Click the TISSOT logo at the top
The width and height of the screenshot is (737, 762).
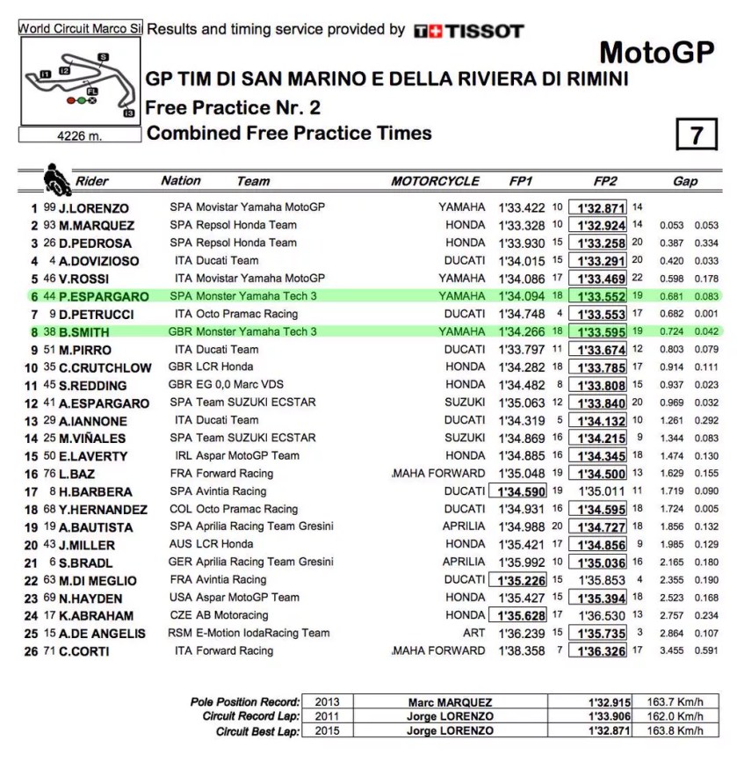[x=469, y=31]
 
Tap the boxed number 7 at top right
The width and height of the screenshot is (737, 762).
[x=697, y=135]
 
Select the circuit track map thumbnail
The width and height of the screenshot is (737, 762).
[x=80, y=83]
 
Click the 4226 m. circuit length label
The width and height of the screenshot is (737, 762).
[x=80, y=136]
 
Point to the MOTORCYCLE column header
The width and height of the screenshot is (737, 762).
[x=435, y=181]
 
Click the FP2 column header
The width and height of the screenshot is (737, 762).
[x=605, y=181]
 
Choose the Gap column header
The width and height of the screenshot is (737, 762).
[x=685, y=181]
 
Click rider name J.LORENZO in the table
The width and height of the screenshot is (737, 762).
[x=94, y=208]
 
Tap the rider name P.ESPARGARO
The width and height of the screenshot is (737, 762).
[x=104, y=296]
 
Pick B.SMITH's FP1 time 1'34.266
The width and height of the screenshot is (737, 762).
[x=522, y=332]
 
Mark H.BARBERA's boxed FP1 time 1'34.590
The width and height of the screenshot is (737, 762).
[x=518, y=491]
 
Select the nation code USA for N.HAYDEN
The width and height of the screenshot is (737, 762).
[x=180, y=598]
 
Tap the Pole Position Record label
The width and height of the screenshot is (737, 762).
[x=245, y=702]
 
